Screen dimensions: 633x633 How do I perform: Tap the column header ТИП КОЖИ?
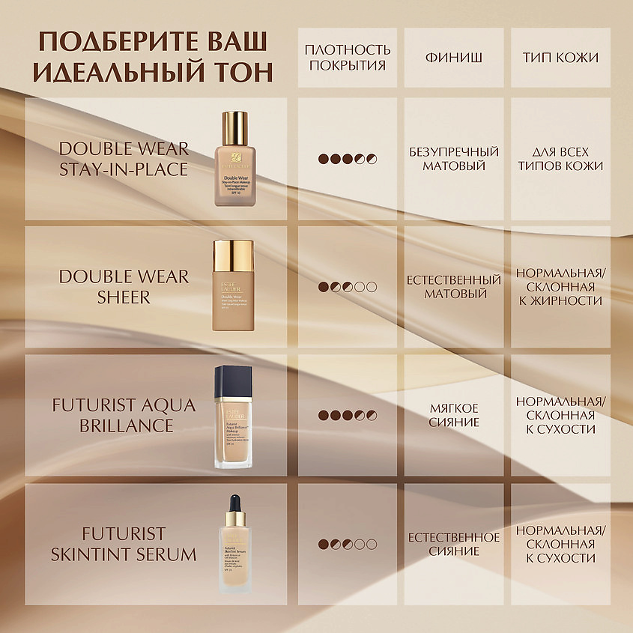pyautogui.click(x=560, y=57)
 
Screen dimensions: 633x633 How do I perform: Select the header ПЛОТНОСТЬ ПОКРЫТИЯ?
pyautogui.click(x=348, y=57)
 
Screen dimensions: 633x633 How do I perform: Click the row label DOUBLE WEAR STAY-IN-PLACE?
pyautogui.click(x=124, y=159)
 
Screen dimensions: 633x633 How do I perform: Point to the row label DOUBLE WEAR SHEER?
pyautogui.click(x=124, y=287)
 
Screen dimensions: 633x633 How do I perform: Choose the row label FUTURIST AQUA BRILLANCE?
pyautogui.click(x=124, y=415)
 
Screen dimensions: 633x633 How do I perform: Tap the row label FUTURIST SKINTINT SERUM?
pyautogui.click(x=124, y=544)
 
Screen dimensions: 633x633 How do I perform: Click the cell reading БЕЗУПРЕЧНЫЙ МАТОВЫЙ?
pyautogui.click(x=454, y=159)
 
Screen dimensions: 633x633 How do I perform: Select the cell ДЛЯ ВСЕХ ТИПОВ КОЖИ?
pyautogui.click(x=560, y=159)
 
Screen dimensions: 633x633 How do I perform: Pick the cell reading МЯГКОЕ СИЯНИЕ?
pyautogui.click(x=454, y=415)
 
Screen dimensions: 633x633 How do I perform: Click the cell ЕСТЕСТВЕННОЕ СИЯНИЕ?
pyautogui.click(x=454, y=544)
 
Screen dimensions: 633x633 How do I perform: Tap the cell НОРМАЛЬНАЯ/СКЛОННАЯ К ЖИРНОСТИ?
pyautogui.click(x=560, y=287)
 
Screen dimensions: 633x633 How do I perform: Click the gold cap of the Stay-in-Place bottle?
pyautogui.click(x=235, y=127)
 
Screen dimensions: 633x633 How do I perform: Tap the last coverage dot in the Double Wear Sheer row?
pyautogui.click(x=372, y=287)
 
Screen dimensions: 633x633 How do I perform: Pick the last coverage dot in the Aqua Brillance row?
pyautogui.click(x=372, y=415)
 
